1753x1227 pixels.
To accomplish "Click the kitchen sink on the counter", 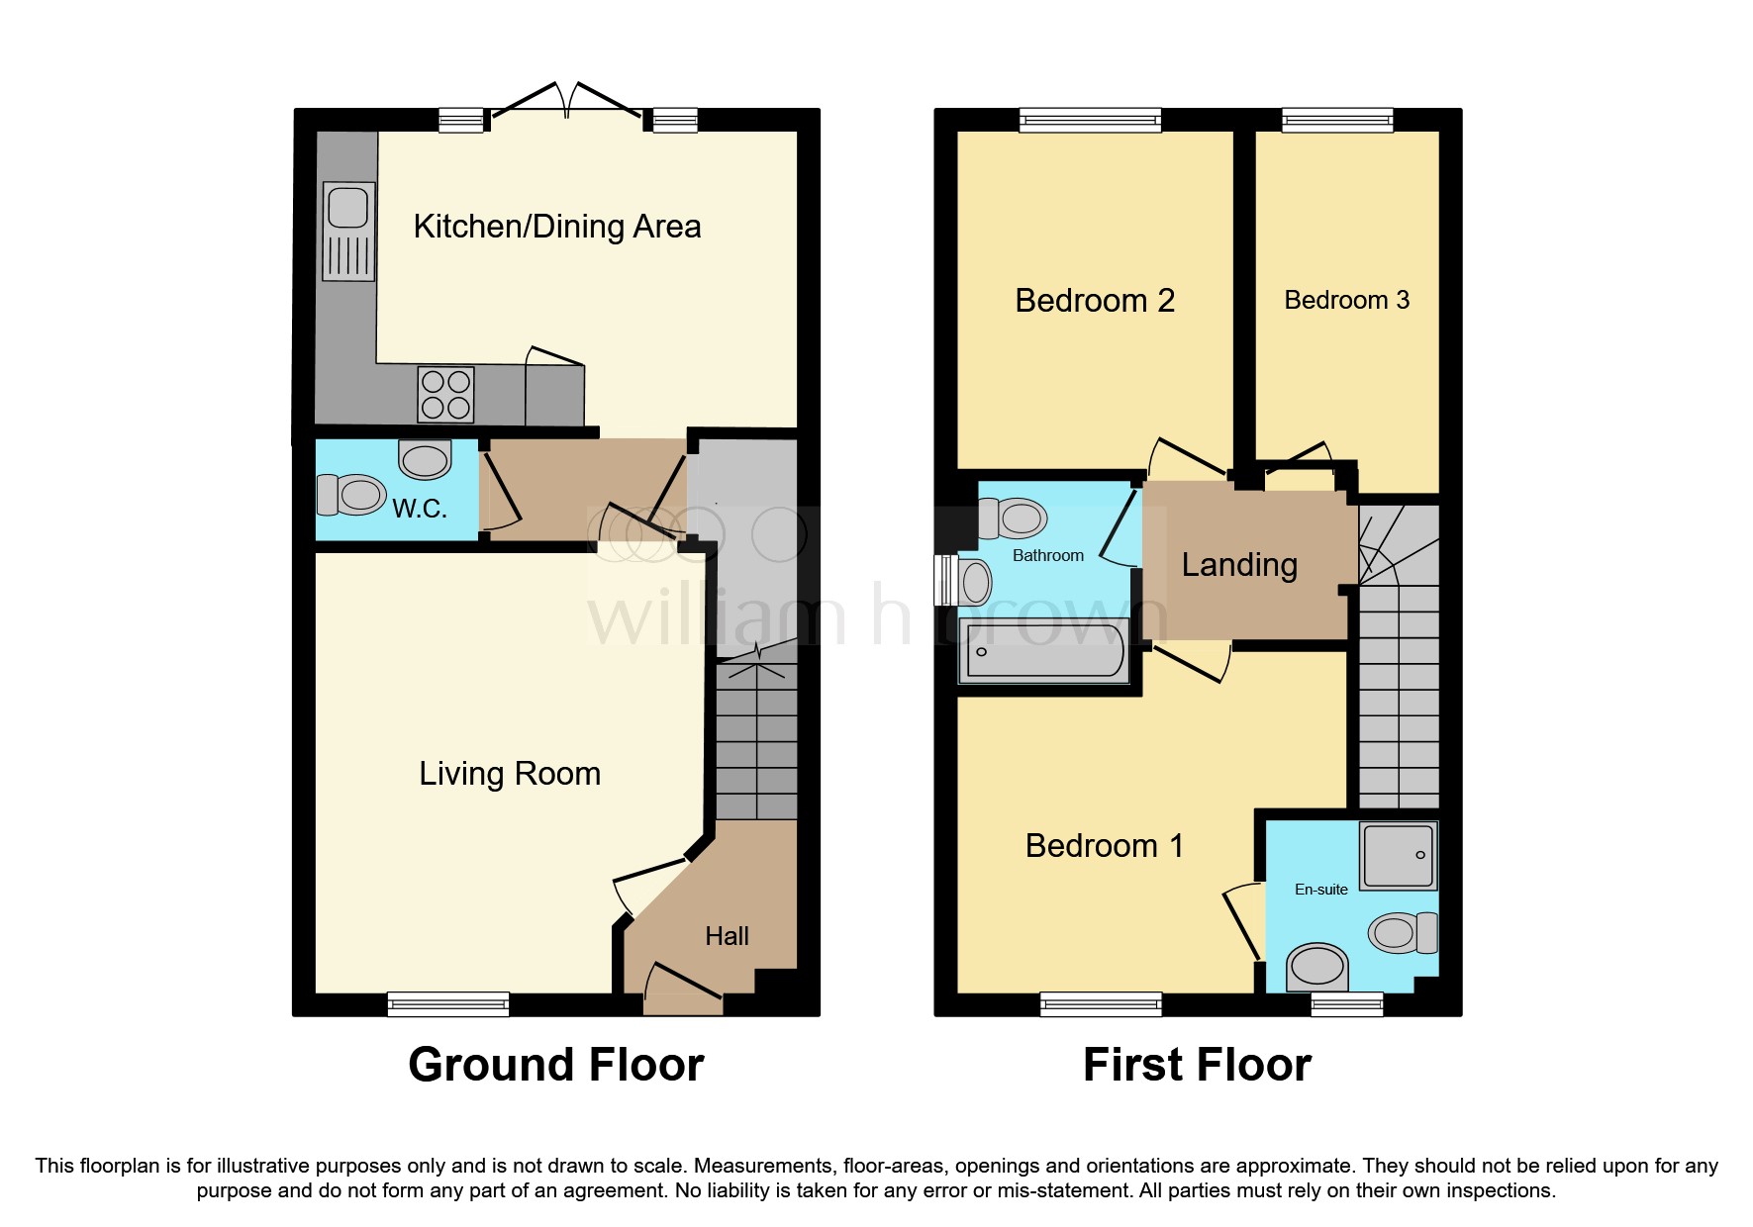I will click(348, 230).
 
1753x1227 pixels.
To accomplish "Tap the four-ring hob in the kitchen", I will click(445, 394).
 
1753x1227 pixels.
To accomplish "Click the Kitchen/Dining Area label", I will click(556, 227).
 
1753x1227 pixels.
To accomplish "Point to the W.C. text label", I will click(420, 509).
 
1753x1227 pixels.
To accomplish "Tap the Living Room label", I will click(510, 773).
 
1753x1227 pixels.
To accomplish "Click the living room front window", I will click(448, 1004).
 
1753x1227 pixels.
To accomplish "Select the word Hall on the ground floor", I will click(727, 936).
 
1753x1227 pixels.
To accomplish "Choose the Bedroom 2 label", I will click(1095, 300).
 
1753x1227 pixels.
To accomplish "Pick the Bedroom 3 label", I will click(1346, 300).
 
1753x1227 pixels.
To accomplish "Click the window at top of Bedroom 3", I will click(1337, 121).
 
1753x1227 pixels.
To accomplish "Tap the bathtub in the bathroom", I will click(1045, 652).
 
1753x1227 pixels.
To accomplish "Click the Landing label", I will click(1239, 564).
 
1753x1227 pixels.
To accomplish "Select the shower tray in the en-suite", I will click(1398, 856).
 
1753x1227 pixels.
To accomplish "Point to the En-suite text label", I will click(1320, 890).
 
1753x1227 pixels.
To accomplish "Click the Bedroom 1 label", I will click(1104, 846).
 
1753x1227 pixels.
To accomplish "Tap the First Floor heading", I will click(1196, 1066).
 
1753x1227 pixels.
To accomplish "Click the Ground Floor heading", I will click(555, 1066).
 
